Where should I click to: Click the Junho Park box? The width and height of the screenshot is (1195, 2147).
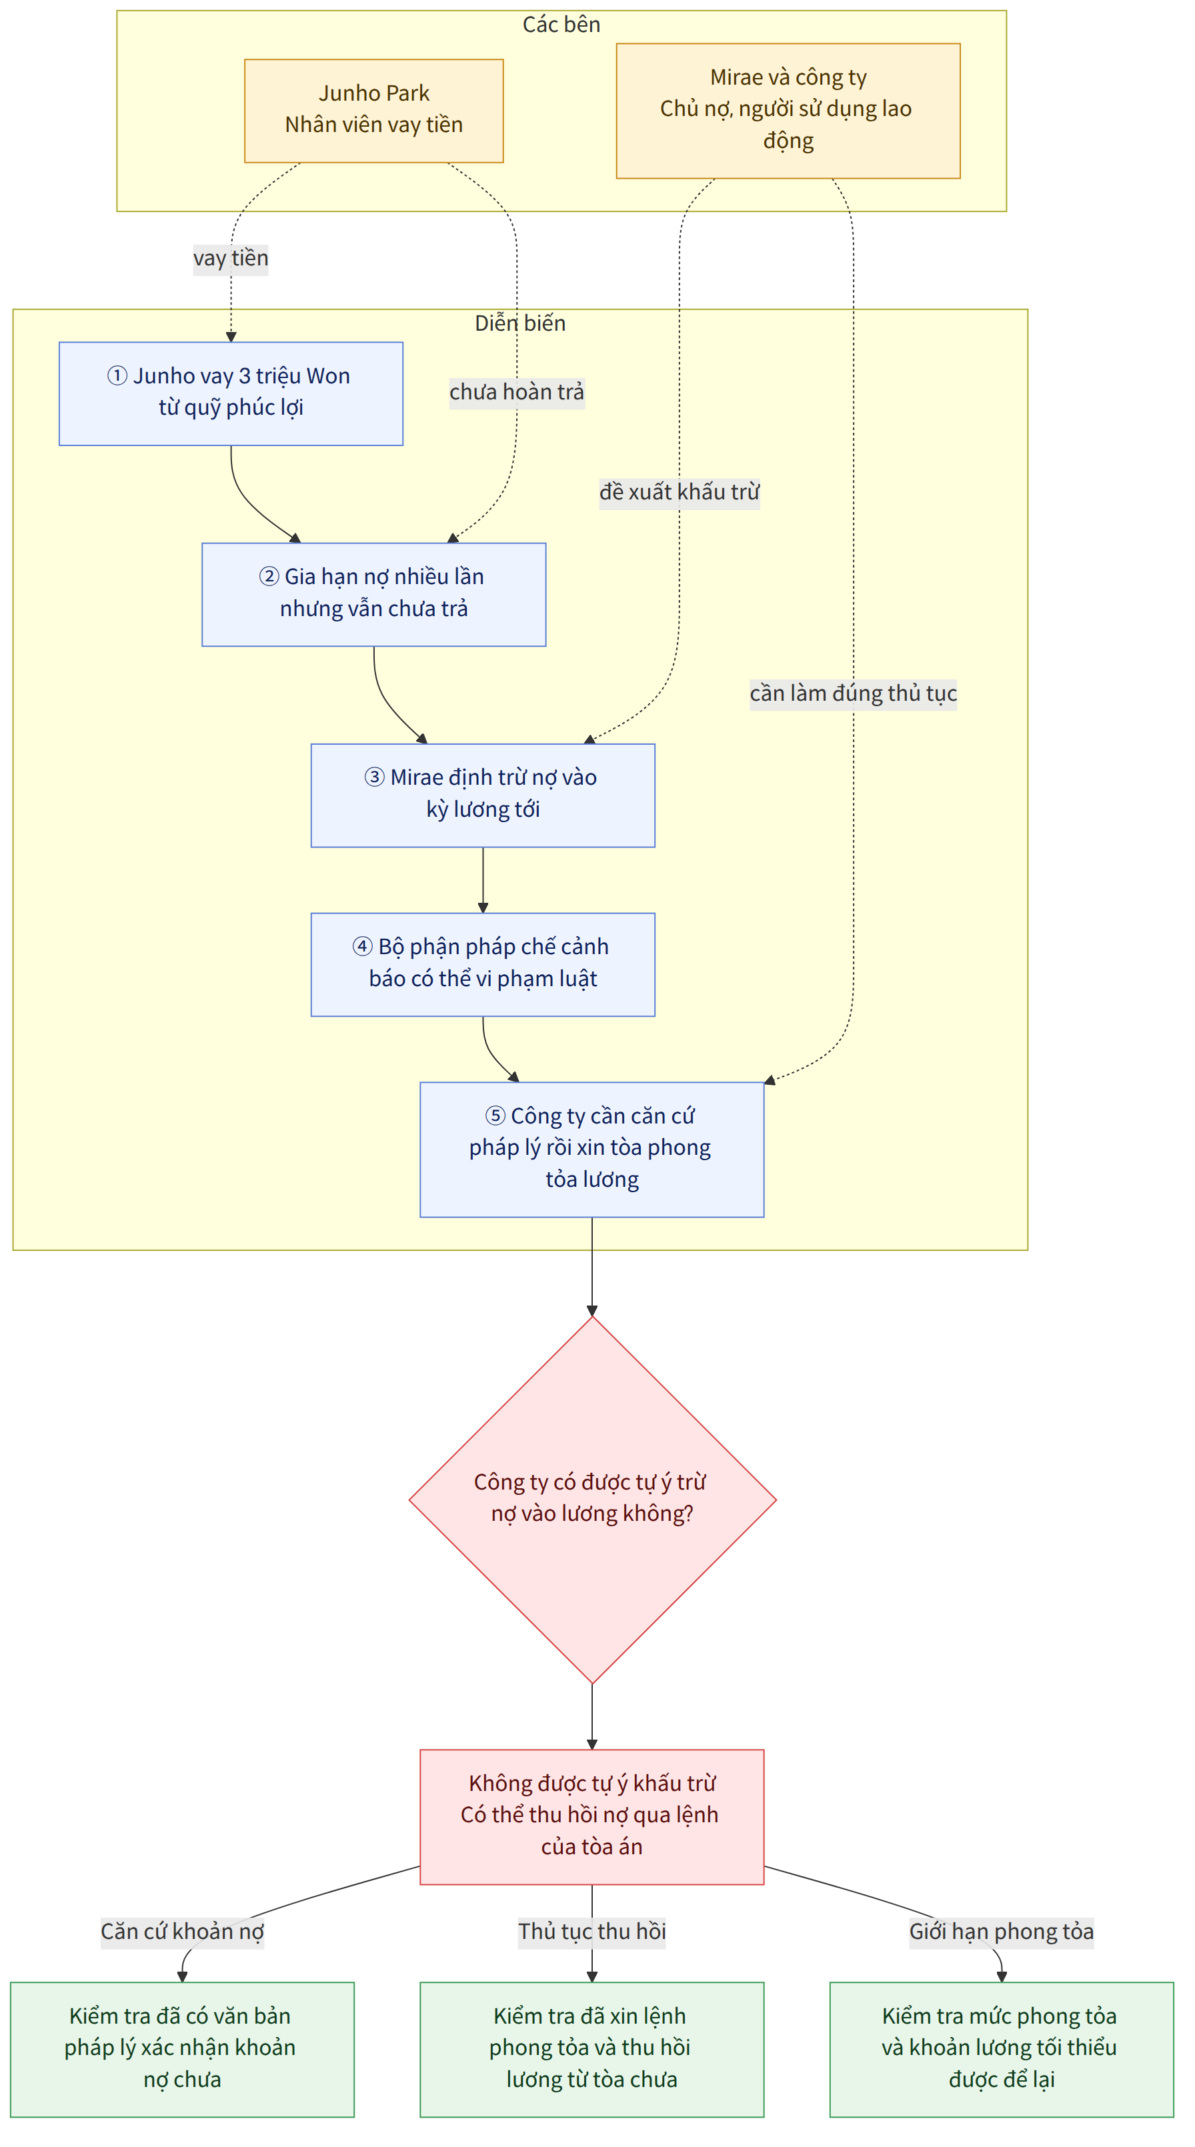point(373,111)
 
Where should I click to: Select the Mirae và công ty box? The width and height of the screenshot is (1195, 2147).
point(788,111)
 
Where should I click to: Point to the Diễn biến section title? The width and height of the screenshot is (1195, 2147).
point(520,323)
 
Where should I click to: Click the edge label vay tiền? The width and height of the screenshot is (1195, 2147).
point(231,259)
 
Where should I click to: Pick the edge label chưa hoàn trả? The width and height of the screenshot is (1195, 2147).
point(517,392)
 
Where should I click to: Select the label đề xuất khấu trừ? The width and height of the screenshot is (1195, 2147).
point(679,492)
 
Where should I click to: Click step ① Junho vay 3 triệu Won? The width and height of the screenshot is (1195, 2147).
point(231,393)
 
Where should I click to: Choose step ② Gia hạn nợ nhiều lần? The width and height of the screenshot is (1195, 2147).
point(373,594)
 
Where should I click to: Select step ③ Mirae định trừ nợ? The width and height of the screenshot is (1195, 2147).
point(483,795)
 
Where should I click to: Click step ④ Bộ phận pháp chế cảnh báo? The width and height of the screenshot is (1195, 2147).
point(483,964)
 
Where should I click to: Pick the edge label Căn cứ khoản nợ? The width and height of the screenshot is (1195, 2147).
point(183,1931)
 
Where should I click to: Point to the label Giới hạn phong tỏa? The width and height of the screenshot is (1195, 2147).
point(1001,1931)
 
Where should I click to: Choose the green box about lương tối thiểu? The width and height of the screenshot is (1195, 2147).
point(1001,2048)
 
